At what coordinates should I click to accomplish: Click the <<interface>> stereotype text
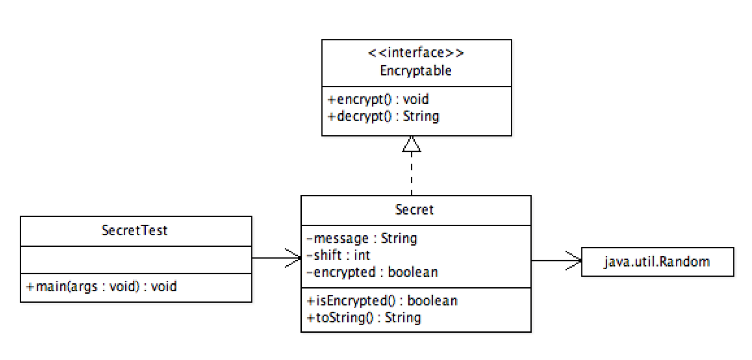[416, 53]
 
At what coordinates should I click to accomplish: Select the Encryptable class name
[416, 71]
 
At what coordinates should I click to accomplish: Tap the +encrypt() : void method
[378, 99]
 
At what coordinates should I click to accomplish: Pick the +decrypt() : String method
[383, 116]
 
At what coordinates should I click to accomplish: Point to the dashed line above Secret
[411, 174]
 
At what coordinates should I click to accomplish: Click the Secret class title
[414, 209]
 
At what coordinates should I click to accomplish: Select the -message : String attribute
[361, 238]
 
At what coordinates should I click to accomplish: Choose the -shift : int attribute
[338, 255]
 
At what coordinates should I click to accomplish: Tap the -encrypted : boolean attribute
[371, 272]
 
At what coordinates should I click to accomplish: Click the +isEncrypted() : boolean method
[382, 300]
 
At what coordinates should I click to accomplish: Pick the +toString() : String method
[363, 318]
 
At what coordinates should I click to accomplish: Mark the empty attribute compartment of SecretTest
[136, 260]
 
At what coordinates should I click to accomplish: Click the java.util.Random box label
[657, 262]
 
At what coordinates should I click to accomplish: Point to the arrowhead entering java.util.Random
[574, 261]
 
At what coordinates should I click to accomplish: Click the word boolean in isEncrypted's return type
[432, 300]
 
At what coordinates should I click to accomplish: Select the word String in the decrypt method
[421, 116]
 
